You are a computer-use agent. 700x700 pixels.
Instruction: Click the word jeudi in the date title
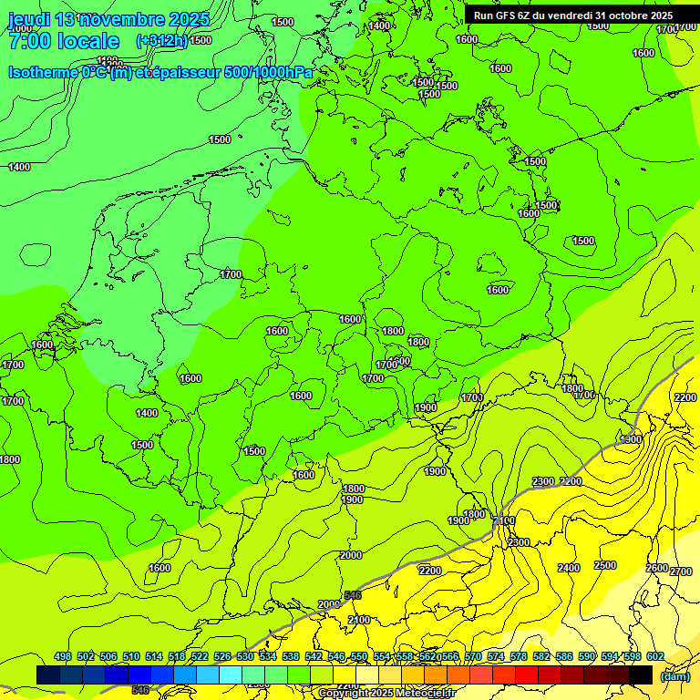[x=33, y=19]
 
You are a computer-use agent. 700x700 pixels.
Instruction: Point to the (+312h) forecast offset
[x=161, y=41]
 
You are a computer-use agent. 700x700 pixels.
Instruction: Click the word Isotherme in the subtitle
[x=43, y=72]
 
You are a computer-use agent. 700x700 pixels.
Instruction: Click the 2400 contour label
[x=569, y=568]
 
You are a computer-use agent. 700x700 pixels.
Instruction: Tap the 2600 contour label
[x=656, y=568]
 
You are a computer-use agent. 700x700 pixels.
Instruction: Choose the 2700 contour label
[x=681, y=571]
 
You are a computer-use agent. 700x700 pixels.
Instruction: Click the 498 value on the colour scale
[x=63, y=656]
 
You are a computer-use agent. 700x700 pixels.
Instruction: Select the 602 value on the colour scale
[x=655, y=656]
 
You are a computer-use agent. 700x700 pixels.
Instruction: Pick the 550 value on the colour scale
[x=359, y=656]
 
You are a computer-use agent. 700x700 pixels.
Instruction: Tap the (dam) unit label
[x=674, y=676]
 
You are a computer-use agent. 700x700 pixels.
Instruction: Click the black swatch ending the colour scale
[x=641, y=674]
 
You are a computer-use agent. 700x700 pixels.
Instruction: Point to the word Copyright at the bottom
[x=344, y=694]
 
